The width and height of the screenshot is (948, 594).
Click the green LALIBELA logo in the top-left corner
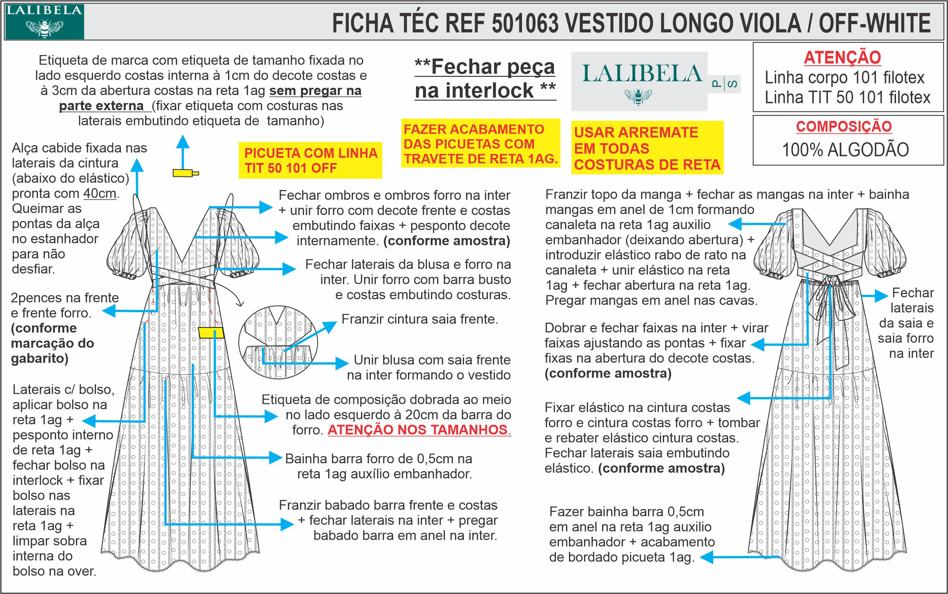(x=44, y=21)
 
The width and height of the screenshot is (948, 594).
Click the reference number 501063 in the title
(x=525, y=23)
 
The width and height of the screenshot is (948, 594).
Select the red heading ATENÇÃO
(x=842, y=58)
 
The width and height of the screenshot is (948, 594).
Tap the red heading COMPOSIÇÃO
(x=844, y=126)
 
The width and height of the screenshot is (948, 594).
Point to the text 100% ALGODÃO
(x=845, y=150)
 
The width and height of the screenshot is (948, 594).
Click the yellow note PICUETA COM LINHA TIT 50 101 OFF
(x=310, y=160)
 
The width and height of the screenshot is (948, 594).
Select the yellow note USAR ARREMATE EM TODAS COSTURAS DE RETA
(x=647, y=148)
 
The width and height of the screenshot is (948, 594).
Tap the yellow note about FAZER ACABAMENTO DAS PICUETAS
(x=480, y=144)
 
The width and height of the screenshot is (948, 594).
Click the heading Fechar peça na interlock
(x=485, y=79)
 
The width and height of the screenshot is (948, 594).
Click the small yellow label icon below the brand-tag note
(x=185, y=172)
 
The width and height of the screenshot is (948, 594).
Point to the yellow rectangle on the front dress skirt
(x=211, y=333)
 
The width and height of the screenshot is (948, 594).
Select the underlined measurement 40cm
(x=99, y=194)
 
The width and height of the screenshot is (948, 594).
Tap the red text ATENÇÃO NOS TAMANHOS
(x=418, y=430)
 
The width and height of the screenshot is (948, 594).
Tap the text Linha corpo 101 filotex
(x=844, y=78)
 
